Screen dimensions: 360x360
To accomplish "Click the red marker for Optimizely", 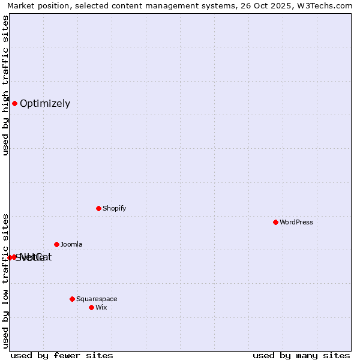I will click(x=14, y=103).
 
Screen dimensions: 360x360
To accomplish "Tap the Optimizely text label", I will click(x=45, y=103).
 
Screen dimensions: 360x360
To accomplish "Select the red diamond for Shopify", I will click(x=98, y=208).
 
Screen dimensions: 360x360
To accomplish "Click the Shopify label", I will click(x=114, y=208).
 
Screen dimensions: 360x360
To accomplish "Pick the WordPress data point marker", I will click(x=275, y=222).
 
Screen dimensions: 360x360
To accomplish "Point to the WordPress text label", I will click(x=296, y=222).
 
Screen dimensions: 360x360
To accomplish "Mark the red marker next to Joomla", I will click(x=56, y=244).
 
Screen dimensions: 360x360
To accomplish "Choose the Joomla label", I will click(x=71, y=244).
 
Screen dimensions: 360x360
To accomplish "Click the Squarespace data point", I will click(x=72, y=299).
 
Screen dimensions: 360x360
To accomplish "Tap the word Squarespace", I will click(x=97, y=299).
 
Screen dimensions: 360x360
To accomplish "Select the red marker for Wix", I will click(x=91, y=307).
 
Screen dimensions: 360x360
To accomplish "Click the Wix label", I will click(x=101, y=307).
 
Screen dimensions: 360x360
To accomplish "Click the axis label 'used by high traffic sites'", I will click(x=6, y=85).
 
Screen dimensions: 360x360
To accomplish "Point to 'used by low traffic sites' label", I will click(x=6, y=280).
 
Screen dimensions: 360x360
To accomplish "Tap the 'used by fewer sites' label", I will click(x=62, y=355).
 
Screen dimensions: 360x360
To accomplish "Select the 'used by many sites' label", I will click(x=301, y=355).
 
